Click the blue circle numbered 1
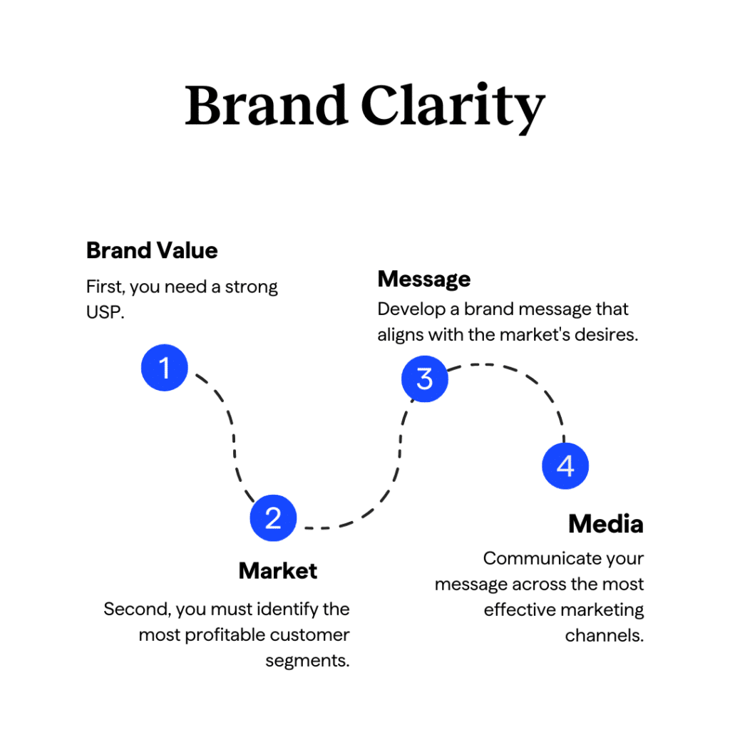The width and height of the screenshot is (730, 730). click(x=165, y=368)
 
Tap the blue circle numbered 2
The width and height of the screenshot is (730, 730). click(x=273, y=518)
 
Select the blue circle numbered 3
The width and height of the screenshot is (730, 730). click(x=424, y=378)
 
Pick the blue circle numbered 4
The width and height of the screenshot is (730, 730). click(x=565, y=466)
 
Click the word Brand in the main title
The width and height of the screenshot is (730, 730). click(x=266, y=106)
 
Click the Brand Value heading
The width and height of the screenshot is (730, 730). click(x=152, y=251)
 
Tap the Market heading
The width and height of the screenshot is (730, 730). click(x=278, y=571)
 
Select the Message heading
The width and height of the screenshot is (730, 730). click(x=424, y=279)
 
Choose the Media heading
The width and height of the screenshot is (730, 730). click(x=606, y=525)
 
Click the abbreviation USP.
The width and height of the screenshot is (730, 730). click(x=103, y=313)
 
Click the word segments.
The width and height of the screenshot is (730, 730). click(x=308, y=661)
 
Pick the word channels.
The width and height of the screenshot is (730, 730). click(x=605, y=636)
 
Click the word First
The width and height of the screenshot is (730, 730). click(x=103, y=287)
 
